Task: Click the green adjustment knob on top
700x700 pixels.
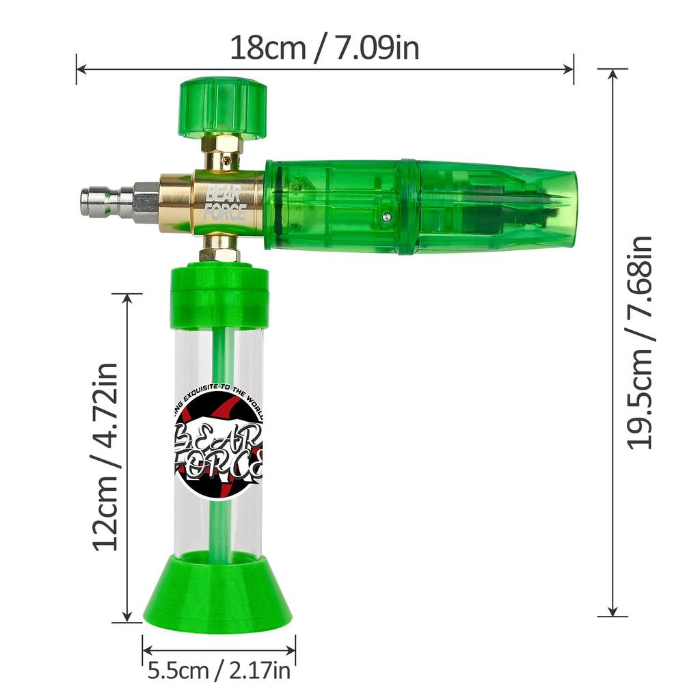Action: (222, 107)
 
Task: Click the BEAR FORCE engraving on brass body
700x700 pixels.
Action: (225, 201)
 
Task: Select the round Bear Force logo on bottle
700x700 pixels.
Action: (217, 440)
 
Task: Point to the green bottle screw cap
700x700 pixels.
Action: (219, 297)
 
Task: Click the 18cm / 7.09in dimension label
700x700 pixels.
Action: (324, 48)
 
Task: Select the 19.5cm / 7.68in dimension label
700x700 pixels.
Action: (641, 342)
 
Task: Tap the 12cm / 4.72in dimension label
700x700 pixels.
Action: (107, 457)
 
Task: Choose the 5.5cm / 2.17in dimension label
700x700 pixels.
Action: (219, 671)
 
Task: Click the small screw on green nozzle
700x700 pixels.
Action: (387, 217)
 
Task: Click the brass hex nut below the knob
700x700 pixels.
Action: (222, 145)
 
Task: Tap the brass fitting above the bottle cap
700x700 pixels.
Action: (219, 249)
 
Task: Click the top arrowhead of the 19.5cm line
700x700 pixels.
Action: (613, 75)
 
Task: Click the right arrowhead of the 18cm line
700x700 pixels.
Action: (568, 68)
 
